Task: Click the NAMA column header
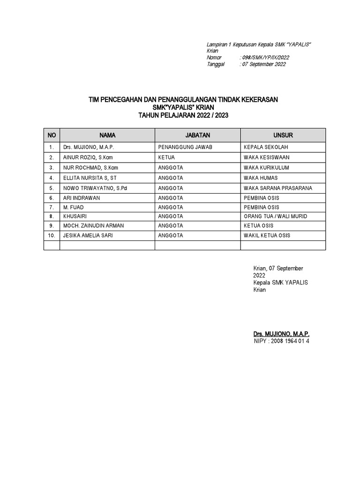click(x=107, y=135)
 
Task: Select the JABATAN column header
click(x=197, y=135)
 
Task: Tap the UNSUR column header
click(x=283, y=135)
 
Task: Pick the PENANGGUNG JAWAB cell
click(x=186, y=147)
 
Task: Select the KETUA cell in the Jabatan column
click(x=167, y=157)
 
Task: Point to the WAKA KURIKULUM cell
click(x=266, y=168)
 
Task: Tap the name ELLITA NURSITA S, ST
click(x=90, y=178)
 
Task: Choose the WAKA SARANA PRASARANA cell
click(x=278, y=188)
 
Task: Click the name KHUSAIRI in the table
click(x=75, y=217)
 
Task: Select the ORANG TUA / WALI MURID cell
click(x=276, y=217)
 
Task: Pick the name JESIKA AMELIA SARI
click(x=88, y=236)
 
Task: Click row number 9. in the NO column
click(x=52, y=226)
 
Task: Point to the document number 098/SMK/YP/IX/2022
click(x=265, y=58)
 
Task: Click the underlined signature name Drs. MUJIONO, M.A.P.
click(x=281, y=334)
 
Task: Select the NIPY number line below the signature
click(x=281, y=341)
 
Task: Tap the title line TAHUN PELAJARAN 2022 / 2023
click(x=183, y=115)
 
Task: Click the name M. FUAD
click(x=73, y=207)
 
